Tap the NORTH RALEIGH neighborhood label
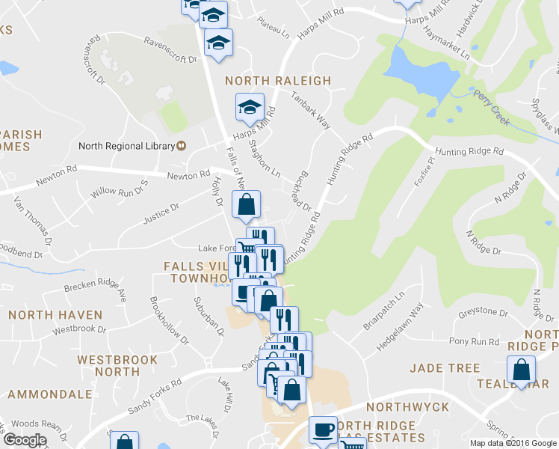pyautogui.click(x=277, y=80)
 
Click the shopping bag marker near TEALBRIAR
pyautogui.click(x=521, y=370)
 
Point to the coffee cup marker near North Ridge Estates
pyautogui.click(x=323, y=430)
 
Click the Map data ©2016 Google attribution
pyautogui.click(x=513, y=443)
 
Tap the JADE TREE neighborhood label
pyautogui.click(x=445, y=368)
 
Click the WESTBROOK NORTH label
pyautogui.click(x=118, y=366)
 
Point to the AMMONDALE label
pyautogui.click(x=49, y=394)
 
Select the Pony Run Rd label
pyautogui.click(x=474, y=341)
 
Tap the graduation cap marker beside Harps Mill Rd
pyautogui.click(x=250, y=107)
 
